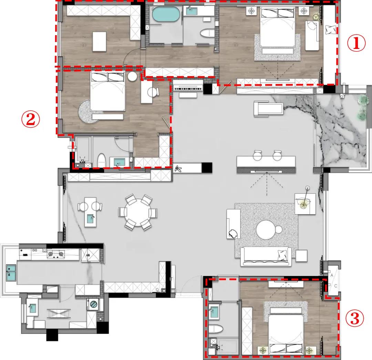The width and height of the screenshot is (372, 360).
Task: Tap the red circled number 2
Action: (x=30, y=119)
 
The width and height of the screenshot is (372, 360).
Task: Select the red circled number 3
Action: (x=354, y=318)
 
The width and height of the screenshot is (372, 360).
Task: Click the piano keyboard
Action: (x=188, y=89)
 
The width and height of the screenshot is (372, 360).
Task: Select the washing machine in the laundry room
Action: (x=93, y=304)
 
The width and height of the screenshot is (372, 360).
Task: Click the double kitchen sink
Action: (x=11, y=272)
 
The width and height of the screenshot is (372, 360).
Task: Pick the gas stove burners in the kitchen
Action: (x=56, y=254)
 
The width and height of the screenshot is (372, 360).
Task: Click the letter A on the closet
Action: (x=332, y=275)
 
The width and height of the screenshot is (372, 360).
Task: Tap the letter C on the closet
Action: (x=335, y=286)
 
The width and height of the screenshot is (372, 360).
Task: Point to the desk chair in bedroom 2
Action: (x=153, y=92)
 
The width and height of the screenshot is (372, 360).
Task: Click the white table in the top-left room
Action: (x=99, y=41)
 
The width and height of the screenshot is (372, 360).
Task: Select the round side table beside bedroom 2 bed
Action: (x=132, y=76)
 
